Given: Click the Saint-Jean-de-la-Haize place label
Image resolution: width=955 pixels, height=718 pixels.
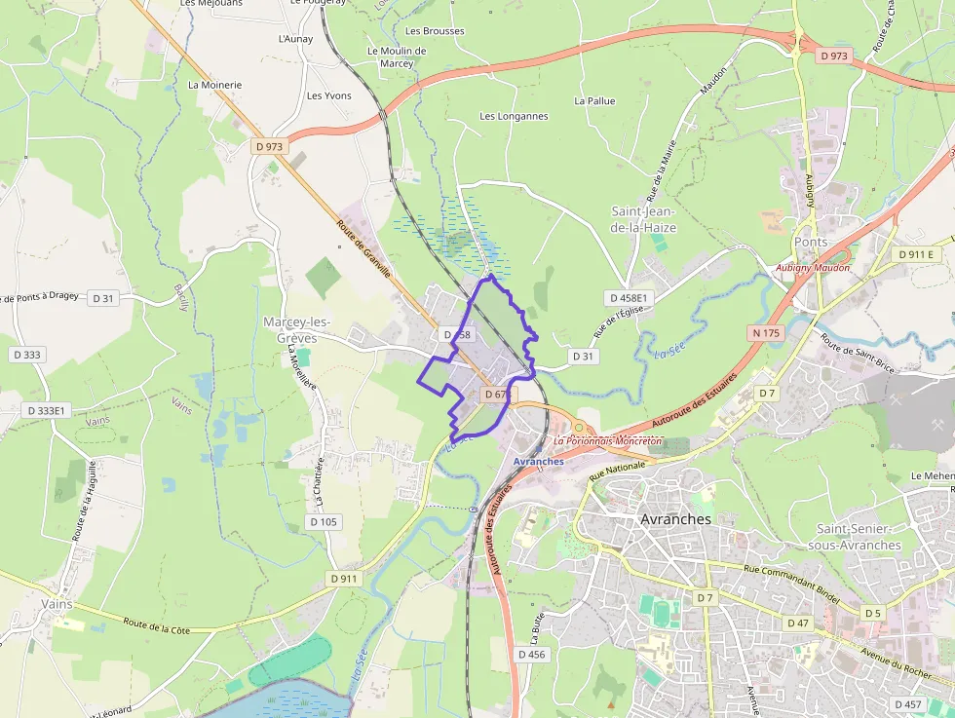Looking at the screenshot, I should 643,219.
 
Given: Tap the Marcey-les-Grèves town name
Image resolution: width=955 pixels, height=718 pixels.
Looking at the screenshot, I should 296,329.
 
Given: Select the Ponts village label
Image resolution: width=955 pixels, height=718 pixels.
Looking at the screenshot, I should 811,242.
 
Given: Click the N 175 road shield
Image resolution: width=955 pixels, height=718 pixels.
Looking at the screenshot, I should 767,333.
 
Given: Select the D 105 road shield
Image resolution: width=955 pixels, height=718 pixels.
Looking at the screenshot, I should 324,521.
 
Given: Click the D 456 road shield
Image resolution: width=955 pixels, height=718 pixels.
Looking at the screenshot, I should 532,655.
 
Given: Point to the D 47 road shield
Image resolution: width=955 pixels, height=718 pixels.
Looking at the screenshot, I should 797,623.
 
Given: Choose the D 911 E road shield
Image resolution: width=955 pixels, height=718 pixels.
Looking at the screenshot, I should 916,254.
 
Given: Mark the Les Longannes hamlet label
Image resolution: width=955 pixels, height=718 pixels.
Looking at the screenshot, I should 514,116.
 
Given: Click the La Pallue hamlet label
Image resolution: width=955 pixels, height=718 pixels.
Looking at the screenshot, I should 594,100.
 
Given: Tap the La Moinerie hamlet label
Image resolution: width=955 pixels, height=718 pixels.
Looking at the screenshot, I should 214,85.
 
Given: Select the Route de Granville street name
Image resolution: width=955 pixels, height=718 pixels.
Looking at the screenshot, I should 363,248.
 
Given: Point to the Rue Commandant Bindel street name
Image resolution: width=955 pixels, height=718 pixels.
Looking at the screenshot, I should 790,584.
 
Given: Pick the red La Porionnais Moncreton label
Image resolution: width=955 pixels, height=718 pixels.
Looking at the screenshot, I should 607,440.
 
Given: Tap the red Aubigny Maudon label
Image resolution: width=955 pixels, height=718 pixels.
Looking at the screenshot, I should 813,268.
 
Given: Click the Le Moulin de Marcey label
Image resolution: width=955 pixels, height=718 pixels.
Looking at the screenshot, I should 397,57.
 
